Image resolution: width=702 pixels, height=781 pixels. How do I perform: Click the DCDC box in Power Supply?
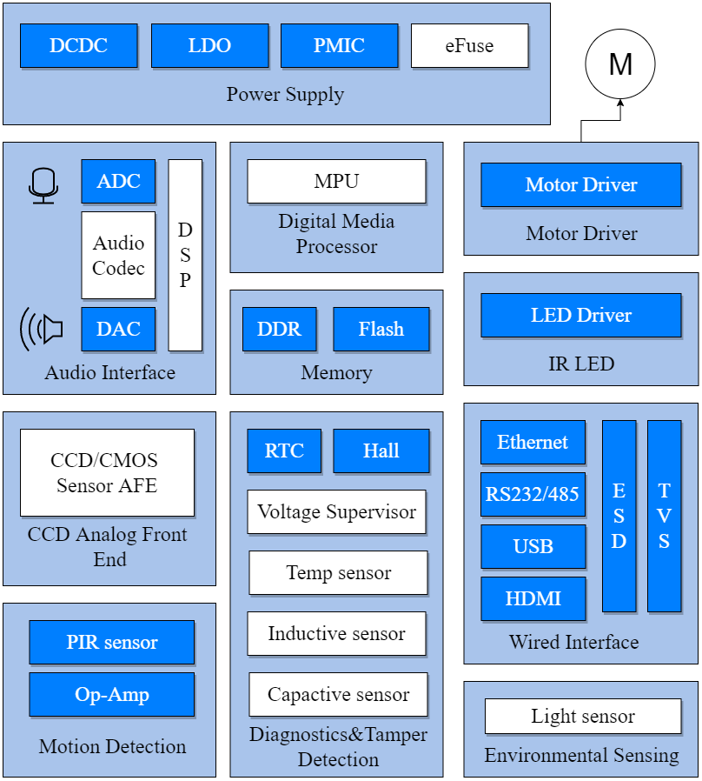point(79,45)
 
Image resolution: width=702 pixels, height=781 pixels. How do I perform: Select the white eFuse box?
point(469,45)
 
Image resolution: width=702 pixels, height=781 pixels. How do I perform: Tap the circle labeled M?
point(620,64)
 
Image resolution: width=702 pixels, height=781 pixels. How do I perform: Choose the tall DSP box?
point(185,255)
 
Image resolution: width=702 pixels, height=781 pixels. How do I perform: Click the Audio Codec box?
point(118,255)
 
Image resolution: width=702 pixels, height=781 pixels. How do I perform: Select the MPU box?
point(336,181)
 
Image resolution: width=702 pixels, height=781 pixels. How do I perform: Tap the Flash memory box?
point(381,329)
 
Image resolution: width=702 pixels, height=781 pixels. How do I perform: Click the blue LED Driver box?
point(580,315)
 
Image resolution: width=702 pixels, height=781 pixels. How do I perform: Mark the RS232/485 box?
point(533,494)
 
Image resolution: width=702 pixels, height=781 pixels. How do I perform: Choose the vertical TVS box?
point(664,516)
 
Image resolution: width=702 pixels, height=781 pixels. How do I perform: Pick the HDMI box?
point(533,598)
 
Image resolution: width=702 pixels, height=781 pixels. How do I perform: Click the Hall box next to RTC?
point(381,451)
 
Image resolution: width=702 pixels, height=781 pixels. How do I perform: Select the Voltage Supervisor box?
point(336,511)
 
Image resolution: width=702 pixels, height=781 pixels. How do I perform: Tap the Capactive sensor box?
point(338,694)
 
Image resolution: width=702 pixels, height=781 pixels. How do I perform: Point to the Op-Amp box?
point(112,694)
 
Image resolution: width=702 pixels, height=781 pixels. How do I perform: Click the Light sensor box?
point(582,717)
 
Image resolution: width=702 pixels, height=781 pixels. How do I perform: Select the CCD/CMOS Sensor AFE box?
point(108,472)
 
